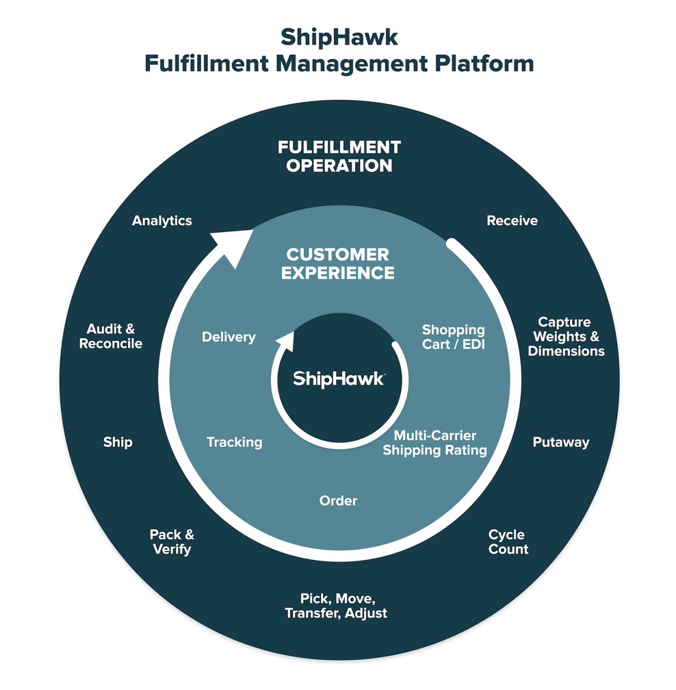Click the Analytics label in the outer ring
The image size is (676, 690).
coord(162,221)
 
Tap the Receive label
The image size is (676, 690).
coord(512,221)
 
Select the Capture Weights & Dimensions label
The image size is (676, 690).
coord(567,337)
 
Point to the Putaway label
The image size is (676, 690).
coord(560,442)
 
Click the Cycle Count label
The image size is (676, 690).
coord(508,542)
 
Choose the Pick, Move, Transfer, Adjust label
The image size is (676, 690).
coord(336,606)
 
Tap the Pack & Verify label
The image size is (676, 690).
coord(172,542)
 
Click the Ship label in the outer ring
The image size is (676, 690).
coord(118,442)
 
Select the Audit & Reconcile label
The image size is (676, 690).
coord(111,337)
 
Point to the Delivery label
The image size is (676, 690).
coord(229,337)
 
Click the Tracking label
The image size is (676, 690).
coord(234,442)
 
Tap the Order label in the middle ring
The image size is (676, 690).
coord(338,501)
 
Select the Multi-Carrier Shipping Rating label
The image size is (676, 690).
coord(434,443)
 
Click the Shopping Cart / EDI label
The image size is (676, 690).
coord(453,337)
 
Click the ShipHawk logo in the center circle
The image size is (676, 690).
coord(338,379)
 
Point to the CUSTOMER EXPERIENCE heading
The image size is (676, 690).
coord(338,264)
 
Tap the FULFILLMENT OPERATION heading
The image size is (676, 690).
coord(339,157)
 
